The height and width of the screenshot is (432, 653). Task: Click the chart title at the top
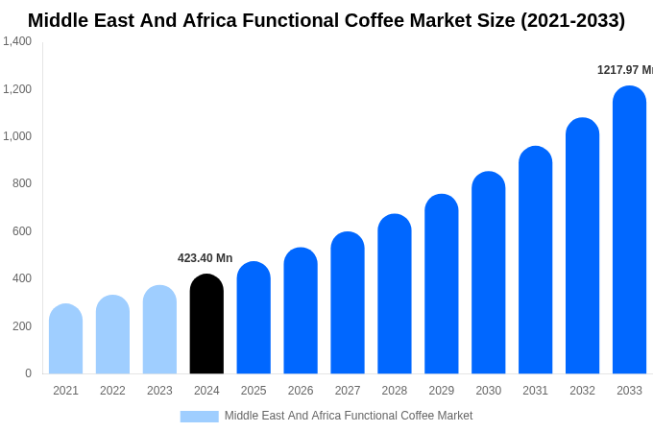[326, 20]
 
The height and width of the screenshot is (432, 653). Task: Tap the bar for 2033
[629, 230]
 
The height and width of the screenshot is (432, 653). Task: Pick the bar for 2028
[394, 294]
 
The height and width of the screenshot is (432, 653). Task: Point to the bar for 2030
[488, 273]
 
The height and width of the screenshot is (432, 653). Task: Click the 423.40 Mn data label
[205, 258]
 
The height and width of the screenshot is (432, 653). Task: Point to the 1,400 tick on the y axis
[17, 41]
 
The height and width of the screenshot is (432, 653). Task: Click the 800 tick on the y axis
[22, 183]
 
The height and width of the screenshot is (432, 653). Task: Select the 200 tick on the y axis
[22, 326]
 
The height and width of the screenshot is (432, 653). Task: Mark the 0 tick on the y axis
[28, 373]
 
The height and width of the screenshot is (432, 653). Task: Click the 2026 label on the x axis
[301, 391]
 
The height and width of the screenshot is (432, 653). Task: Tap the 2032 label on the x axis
[582, 391]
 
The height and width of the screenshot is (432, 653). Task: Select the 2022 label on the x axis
[112, 391]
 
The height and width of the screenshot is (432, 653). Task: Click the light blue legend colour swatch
[199, 417]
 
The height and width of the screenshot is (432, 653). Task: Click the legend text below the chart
[349, 416]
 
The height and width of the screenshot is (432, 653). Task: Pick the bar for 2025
[254, 318]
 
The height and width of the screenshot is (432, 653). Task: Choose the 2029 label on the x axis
[441, 391]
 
